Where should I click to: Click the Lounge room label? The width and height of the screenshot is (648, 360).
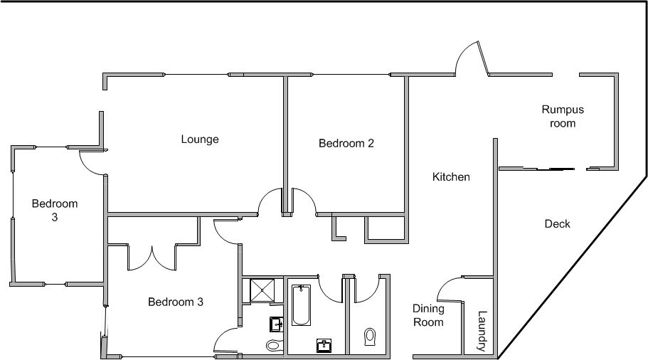point(200,139)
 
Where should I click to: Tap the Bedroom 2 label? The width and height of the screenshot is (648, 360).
point(346,144)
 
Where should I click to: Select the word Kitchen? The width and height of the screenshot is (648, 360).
point(451,177)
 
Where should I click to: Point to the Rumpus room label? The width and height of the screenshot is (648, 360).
point(563,116)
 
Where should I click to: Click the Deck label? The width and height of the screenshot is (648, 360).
point(557,223)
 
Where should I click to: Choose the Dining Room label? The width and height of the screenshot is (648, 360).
point(428,315)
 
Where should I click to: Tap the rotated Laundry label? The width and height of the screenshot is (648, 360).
point(482,331)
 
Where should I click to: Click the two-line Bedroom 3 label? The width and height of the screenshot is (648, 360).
point(55,210)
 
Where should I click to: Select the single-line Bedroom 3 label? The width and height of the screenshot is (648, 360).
point(176,302)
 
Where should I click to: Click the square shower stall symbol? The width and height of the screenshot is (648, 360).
point(262,291)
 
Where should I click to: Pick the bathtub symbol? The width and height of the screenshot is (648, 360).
point(302,305)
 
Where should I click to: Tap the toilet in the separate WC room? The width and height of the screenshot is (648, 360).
point(370,337)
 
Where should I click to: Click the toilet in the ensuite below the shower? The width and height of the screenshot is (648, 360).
point(274,344)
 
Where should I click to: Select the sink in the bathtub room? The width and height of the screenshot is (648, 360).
point(324,346)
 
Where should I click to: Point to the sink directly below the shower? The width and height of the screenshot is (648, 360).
point(276,324)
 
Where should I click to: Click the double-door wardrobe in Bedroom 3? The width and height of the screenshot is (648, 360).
point(152,258)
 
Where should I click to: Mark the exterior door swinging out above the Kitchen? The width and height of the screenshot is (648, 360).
point(471,58)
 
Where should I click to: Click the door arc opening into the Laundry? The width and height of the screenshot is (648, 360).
point(450,288)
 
